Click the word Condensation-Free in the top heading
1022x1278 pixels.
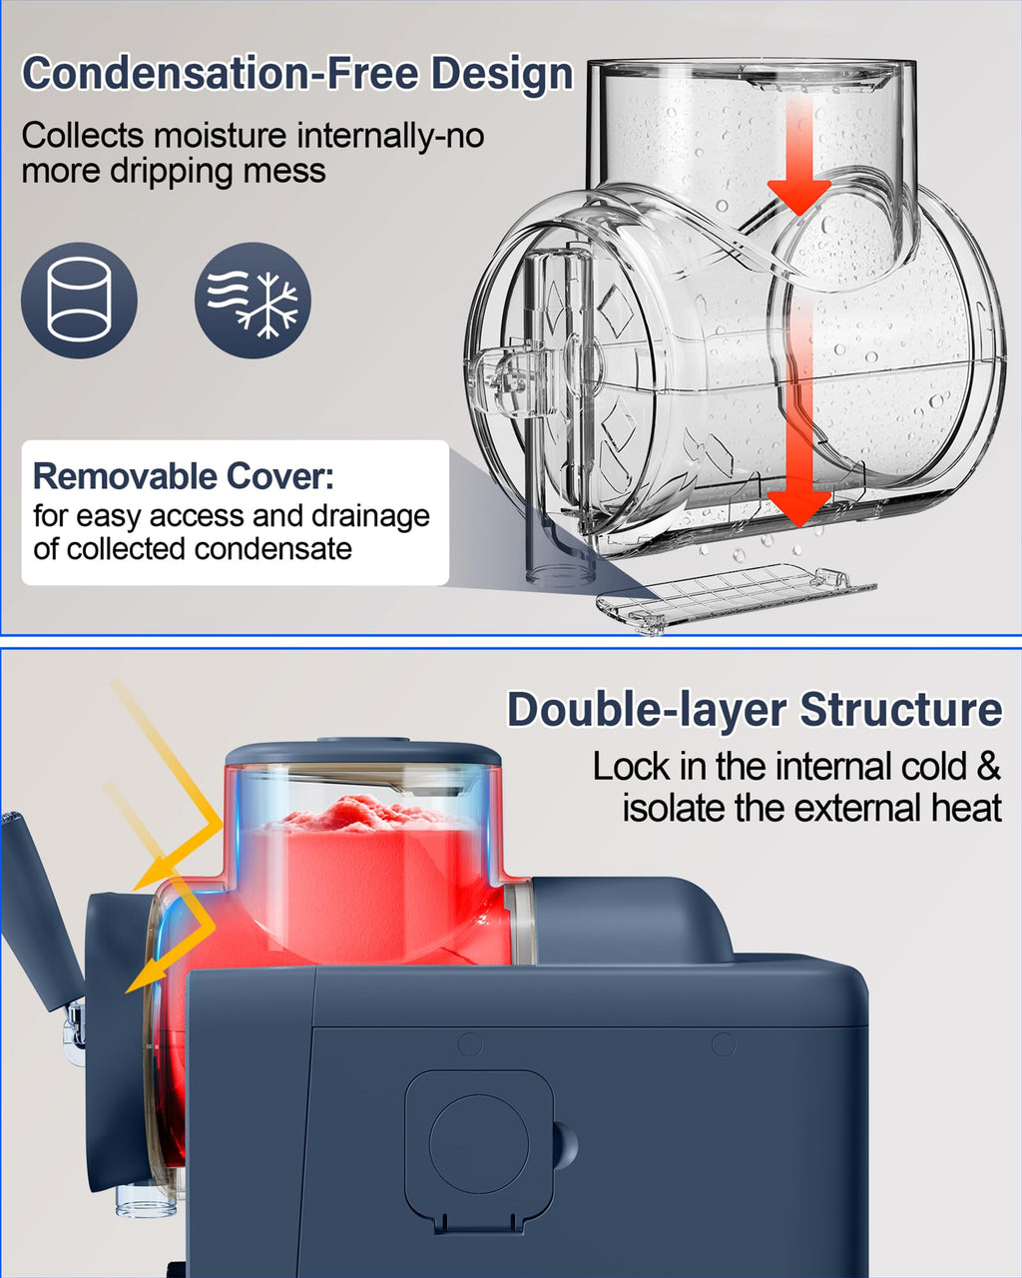coord(220,74)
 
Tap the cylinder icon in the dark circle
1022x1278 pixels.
coord(79,300)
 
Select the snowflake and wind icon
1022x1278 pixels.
coord(253,300)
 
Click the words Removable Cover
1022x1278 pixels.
coord(183,476)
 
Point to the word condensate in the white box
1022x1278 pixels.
coord(273,549)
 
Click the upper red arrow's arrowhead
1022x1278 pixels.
coord(799,197)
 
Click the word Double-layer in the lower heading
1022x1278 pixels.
coord(648,710)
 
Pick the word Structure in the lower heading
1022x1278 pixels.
coord(901,709)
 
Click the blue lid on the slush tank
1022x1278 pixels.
coord(363,753)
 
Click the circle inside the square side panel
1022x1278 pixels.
coord(479,1144)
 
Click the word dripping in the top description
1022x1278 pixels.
coord(171,172)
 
